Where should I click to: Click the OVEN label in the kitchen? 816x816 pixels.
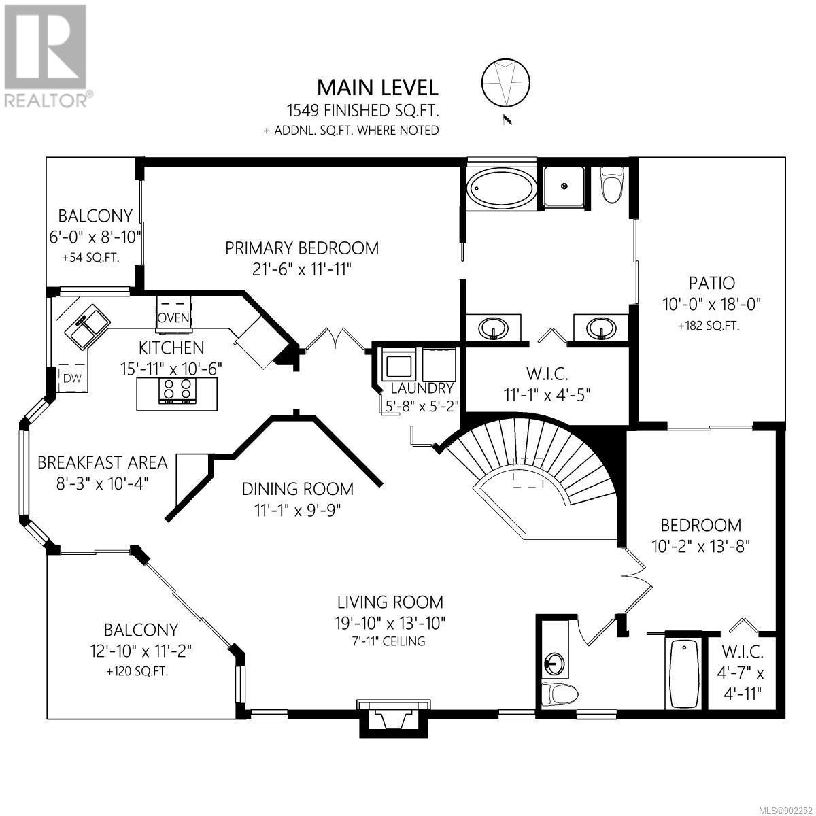pos(173,317)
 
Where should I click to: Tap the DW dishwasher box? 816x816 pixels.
pos(72,377)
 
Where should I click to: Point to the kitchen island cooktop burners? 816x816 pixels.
pos(177,390)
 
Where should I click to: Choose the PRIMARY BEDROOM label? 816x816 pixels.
pos(301,248)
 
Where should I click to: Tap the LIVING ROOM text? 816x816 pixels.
pos(390,602)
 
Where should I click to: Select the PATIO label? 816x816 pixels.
pos(711,283)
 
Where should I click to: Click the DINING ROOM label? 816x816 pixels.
pos(297,489)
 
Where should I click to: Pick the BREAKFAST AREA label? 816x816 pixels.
pos(103,462)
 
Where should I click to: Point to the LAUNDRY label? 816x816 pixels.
pos(422,388)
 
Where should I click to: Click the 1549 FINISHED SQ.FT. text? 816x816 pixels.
pos(362,111)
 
